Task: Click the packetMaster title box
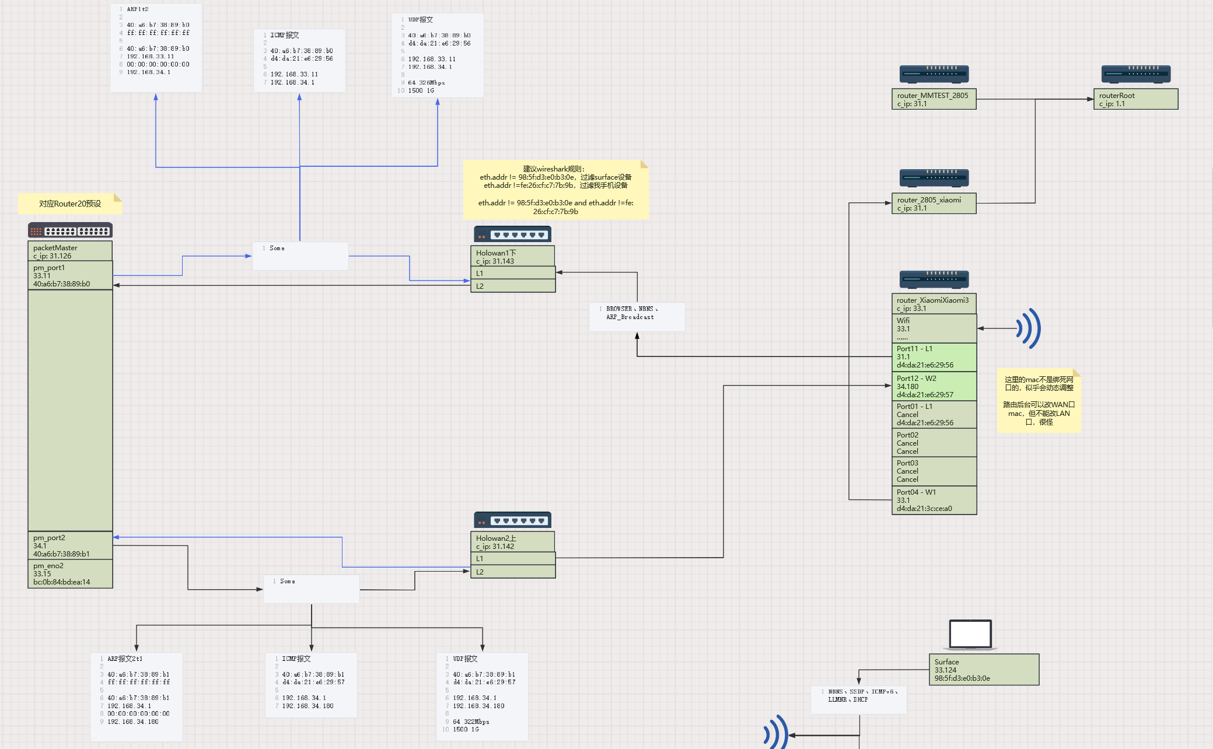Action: point(70,251)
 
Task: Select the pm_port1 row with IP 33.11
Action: point(70,275)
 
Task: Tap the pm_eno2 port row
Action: point(70,574)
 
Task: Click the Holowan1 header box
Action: point(512,257)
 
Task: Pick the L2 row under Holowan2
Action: point(512,572)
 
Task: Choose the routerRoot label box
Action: point(1135,99)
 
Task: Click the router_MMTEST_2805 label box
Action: point(934,99)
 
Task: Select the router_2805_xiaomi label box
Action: point(934,204)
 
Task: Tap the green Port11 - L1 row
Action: point(934,357)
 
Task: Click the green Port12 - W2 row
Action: point(934,386)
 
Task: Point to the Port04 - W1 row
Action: point(934,500)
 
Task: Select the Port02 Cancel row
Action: point(934,443)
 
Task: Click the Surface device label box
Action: point(984,670)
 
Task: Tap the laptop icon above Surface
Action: point(970,635)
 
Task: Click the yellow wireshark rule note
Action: point(555,190)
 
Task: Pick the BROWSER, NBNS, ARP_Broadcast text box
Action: point(637,317)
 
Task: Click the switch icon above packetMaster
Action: point(70,231)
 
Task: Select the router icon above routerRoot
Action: point(1135,74)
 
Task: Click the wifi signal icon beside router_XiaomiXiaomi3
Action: point(1029,328)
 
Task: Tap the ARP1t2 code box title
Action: point(138,9)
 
